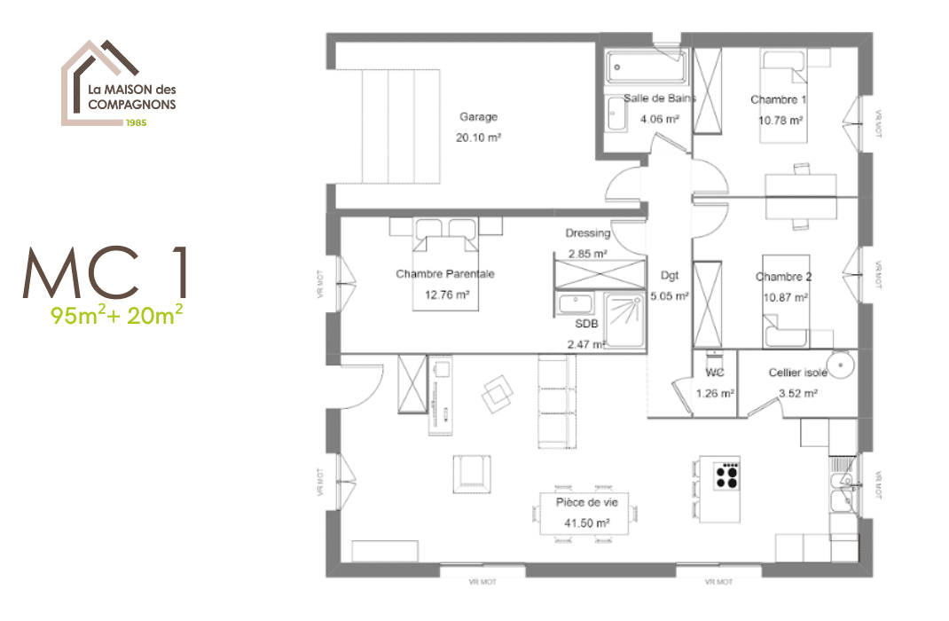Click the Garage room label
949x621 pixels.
tap(478, 117)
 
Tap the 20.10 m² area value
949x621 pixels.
tap(478, 138)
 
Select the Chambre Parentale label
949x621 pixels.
tap(444, 274)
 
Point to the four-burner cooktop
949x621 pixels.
tap(728, 477)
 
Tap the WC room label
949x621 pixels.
tap(715, 373)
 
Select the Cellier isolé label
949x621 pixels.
tap(797, 373)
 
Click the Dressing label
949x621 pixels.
tap(588, 233)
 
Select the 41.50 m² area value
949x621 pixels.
tap(586, 523)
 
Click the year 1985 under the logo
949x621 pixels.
tap(136, 122)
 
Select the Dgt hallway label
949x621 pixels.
tap(670, 275)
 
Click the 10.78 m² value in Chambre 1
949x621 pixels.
tap(780, 120)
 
